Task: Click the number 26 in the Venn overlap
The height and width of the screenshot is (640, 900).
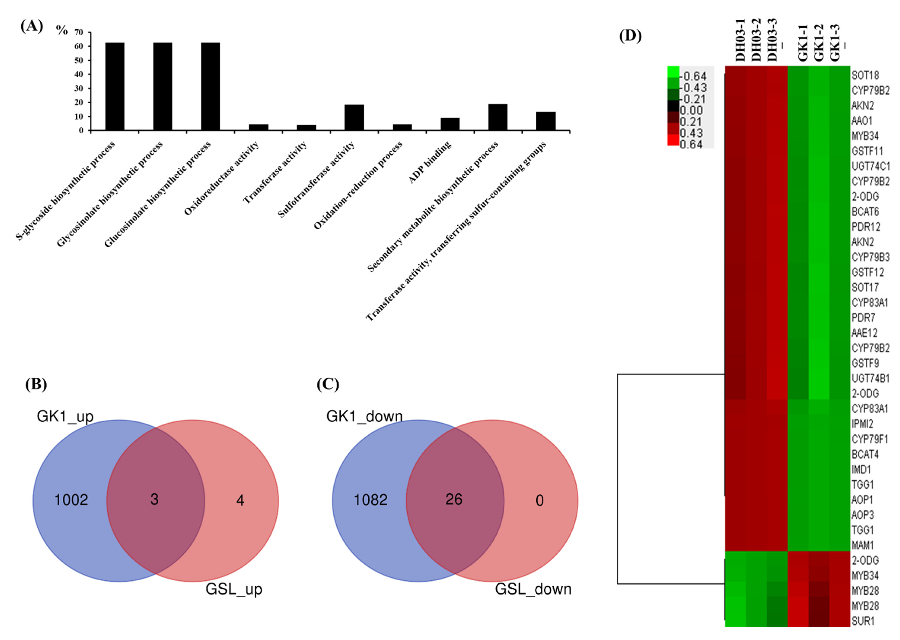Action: point(453,499)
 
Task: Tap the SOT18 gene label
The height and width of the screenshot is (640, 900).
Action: point(865,75)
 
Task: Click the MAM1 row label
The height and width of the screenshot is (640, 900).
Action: point(863,545)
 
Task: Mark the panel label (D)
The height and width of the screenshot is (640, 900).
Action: point(630,36)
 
